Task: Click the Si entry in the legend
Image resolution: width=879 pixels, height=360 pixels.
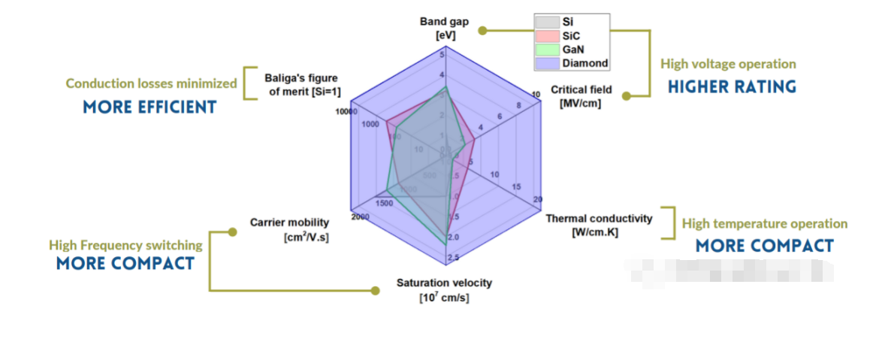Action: coord(567,22)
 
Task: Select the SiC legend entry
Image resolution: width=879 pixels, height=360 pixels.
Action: coord(571,35)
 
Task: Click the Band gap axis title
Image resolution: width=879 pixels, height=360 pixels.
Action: coord(444,28)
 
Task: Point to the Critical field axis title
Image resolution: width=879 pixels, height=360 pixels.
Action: coord(581,96)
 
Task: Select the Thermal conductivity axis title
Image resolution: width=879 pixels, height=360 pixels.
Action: coord(599,225)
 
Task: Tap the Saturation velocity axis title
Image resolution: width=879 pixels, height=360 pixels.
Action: coord(444,289)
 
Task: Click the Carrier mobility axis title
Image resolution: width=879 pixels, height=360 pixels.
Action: coord(289,229)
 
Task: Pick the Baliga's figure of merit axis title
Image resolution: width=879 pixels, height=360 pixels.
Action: coord(301,84)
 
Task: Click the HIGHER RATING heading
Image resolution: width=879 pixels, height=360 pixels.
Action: coord(732,87)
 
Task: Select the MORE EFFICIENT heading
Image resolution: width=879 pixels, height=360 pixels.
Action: coord(150,107)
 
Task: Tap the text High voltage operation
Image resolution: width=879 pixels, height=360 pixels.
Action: coord(728,65)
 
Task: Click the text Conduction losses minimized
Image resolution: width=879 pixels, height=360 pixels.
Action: coord(151,83)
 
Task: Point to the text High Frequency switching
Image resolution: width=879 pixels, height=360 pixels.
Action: coord(125,245)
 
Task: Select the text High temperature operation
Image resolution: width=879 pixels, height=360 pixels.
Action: coord(764,224)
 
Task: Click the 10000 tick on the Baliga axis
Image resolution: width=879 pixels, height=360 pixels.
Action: coord(346,111)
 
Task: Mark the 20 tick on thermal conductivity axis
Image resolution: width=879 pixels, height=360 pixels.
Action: coord(538,199)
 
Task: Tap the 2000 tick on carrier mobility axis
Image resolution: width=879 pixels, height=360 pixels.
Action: coord(359,217)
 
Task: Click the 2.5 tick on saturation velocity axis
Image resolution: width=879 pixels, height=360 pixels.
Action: coord(453,258)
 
